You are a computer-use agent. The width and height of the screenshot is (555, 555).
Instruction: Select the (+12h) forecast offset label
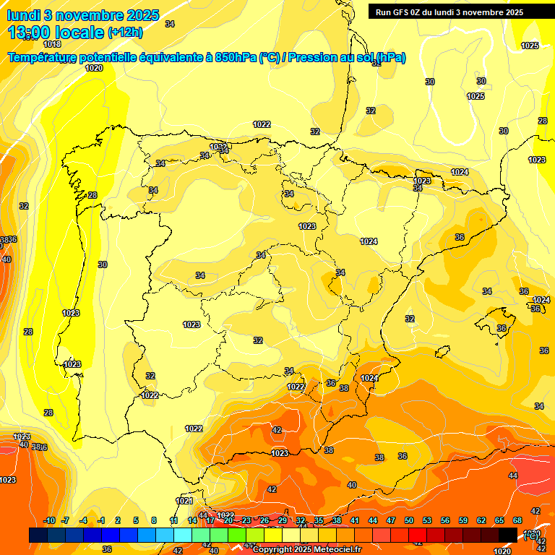(126, 32)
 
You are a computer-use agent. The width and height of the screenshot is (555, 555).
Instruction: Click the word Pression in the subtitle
(311, 57)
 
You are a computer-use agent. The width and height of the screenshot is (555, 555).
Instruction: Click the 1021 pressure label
(184, 501)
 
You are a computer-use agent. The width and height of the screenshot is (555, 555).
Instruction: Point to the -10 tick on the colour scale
(50, 520)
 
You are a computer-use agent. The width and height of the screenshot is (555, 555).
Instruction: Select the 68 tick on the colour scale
(517, 520)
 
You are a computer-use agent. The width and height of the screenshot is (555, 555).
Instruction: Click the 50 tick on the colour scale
(409, 520)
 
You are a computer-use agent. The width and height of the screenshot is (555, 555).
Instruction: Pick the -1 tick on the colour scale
(101, 520)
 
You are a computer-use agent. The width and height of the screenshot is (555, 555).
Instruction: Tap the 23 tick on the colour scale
(246, 520)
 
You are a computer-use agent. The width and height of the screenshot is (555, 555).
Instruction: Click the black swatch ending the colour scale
(508, 535)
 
